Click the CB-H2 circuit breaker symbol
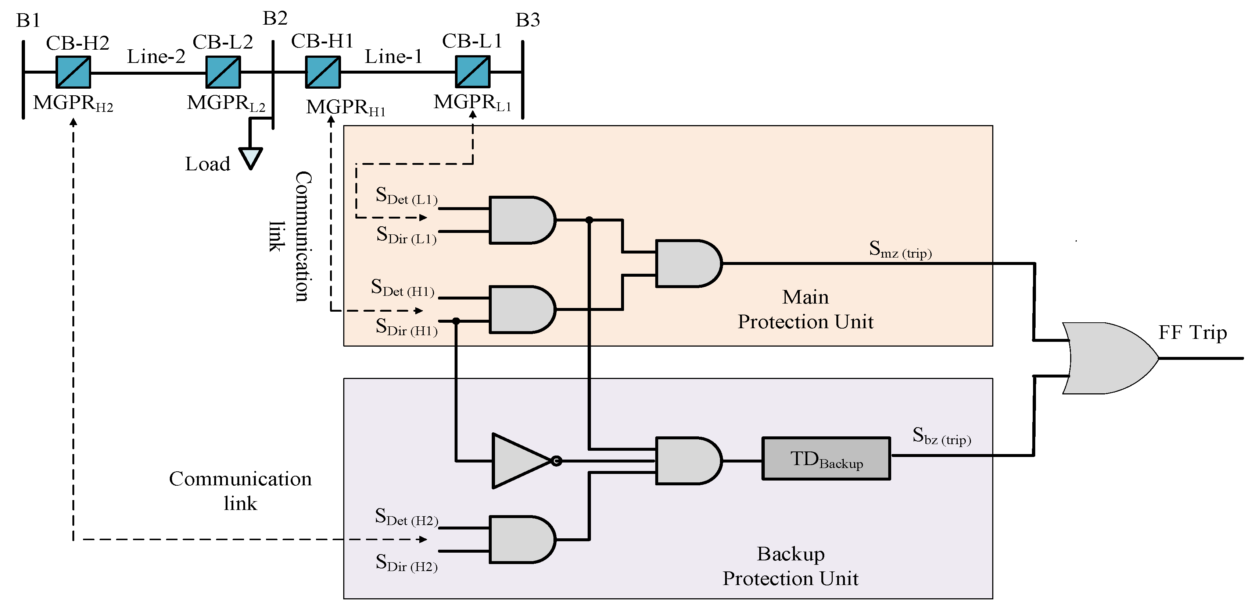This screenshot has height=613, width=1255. (73, 72)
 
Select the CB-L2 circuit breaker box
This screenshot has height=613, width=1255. (223, 72)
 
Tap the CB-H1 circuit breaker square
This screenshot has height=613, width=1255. (323, 72)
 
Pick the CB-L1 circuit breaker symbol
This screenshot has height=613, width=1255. (473, 72)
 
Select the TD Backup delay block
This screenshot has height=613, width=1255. (826, 459)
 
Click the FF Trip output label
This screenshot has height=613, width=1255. (1192, 333)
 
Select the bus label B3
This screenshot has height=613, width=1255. (528, 20)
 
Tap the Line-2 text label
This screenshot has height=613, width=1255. (156, 57)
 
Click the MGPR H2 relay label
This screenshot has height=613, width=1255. (73, 103)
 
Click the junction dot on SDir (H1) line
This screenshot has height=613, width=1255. (456, 321)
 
